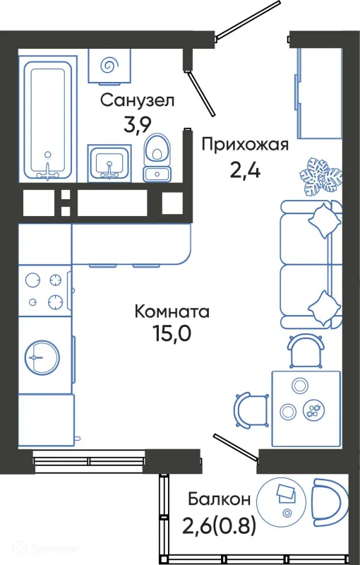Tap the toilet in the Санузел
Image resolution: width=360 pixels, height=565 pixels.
157,159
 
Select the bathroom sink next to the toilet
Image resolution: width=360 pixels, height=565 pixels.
109,162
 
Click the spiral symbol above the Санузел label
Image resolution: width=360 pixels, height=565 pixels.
109,66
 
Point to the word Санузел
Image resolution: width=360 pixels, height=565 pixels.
136,101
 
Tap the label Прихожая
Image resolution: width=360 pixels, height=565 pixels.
245,145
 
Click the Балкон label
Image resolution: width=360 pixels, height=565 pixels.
219,500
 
